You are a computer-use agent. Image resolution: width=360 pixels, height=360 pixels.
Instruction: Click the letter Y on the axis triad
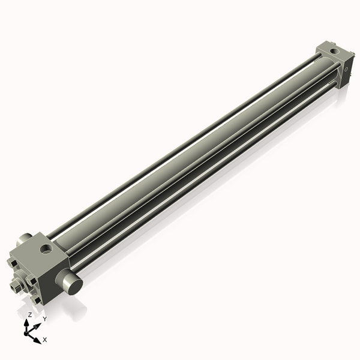(x=44, y=319)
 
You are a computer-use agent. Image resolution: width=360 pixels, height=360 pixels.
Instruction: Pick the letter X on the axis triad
(x=45, y=340)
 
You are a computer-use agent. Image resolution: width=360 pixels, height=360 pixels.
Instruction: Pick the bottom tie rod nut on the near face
(x=37, y=301)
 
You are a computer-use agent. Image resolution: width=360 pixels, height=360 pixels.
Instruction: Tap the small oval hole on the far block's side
(x=347, y=70)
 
